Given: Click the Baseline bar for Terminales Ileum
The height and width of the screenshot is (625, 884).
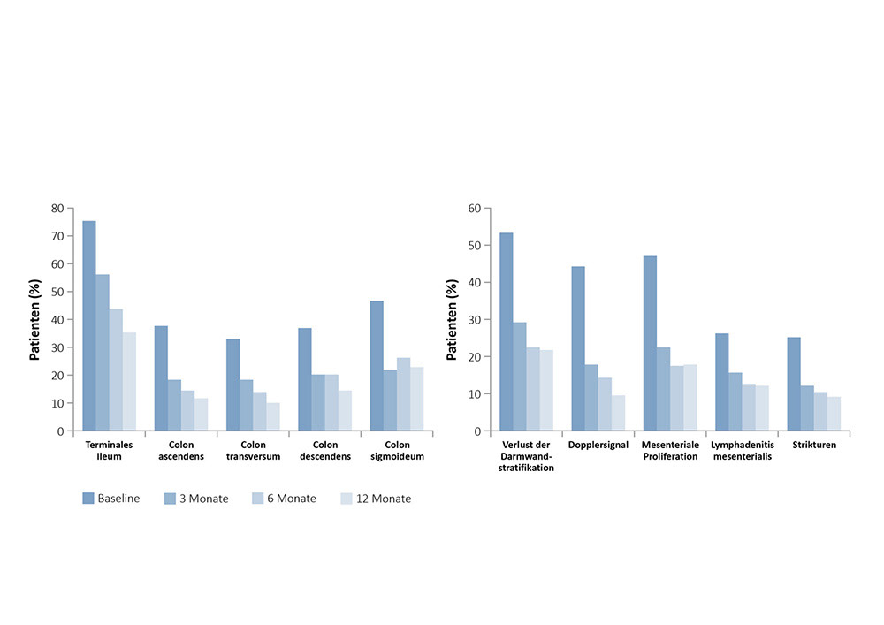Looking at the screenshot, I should pyautogui.click(x=89, y=326).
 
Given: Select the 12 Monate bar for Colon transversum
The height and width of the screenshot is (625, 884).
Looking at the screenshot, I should pyautogui.click(x=273, y=417).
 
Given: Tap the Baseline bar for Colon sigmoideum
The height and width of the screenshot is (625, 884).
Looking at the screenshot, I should pyautogui.click(x=377, y=366).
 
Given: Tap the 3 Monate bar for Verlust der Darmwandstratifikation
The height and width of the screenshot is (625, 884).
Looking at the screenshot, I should pyautogui.click(x=520, y=377).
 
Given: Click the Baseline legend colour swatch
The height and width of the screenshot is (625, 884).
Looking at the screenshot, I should pyautogui.click(x=88, y=499).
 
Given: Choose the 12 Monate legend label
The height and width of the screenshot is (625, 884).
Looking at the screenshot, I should pyautogui.click(x=384, y=499).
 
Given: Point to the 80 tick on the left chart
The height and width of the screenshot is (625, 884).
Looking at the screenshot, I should pyautogui.click(x=58, y=209).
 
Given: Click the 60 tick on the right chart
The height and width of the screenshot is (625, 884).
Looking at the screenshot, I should pyautogui.click(x=475, y=209).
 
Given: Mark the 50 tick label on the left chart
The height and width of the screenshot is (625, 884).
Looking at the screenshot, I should pyautogui.click(x=58, y=292).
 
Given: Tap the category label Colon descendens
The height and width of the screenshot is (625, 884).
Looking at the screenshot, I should pyautogui.click(x=324, y=451).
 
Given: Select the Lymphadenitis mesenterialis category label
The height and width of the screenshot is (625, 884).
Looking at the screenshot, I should pyautogui.click(x=743, y=451).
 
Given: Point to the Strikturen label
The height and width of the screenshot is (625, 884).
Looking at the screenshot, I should pyautogui.click(x=813, y=445).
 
